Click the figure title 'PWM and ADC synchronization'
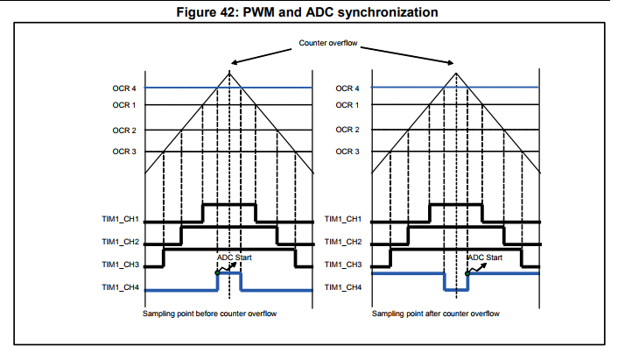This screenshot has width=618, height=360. (308, 12)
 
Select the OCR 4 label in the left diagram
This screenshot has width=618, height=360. (124, 88)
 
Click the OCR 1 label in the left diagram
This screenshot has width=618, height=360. (124, 105)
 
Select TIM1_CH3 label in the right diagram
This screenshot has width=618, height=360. (346, 264)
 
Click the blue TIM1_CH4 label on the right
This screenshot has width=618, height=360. (346, 286)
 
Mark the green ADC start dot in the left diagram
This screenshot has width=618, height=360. (217, 272)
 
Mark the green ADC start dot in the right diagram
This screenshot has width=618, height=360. (467, 272)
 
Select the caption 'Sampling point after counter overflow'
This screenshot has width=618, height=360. (435, 314)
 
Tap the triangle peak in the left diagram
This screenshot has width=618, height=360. (230, 70)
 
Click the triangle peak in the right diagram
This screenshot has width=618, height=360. (456, 70)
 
